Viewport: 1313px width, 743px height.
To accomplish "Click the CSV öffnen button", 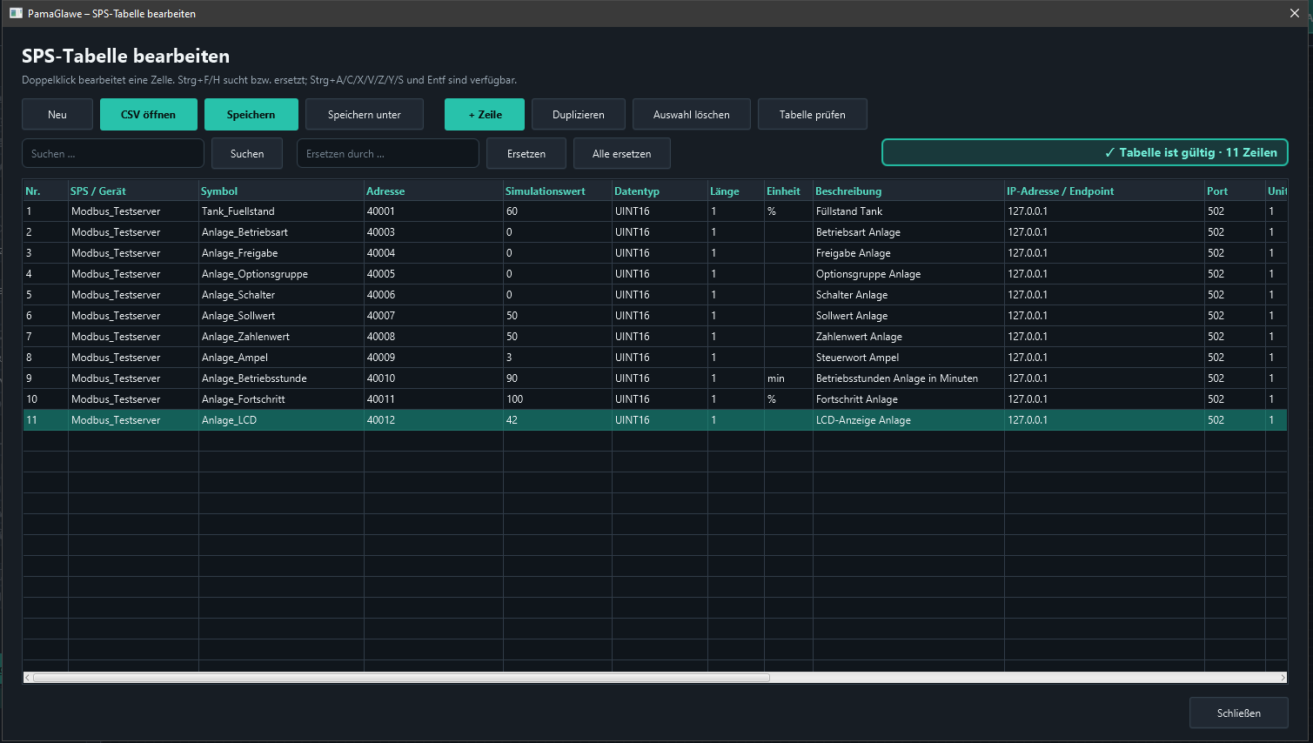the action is click(x=148, y=114).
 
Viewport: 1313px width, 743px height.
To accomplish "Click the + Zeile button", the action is click(x=485, y=114).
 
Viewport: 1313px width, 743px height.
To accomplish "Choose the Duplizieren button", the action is click(x=578, y=114).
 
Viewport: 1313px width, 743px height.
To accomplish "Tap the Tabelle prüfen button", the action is click(x=812, y=114).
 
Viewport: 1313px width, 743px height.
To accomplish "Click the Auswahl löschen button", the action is click(x=691, y=114).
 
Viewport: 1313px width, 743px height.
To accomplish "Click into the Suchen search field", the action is click(x=113, y=153).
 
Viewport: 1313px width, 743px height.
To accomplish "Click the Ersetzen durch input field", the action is click(x=387, y=153).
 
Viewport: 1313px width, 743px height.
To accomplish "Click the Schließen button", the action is click(x=1238, y=713).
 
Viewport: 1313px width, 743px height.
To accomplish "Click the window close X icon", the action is click(x=1295, y=13).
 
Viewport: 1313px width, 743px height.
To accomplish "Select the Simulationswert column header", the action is click(x=546, y=191).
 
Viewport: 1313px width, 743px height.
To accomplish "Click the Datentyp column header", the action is click(x=637, y=191).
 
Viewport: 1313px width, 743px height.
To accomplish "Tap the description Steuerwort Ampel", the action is click(x=857, y=358).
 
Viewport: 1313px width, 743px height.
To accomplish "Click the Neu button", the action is click(x=57, y=114).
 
